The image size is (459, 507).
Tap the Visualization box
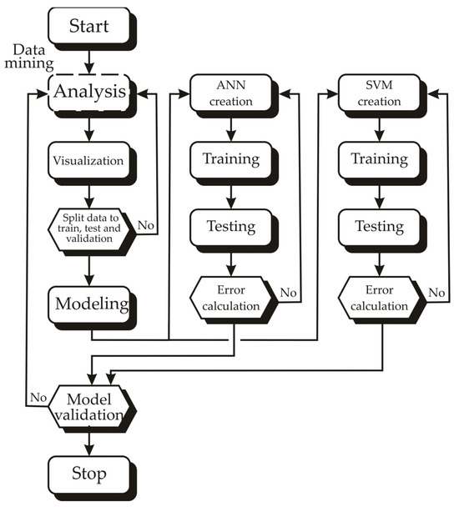click(88, 159)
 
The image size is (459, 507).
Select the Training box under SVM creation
click(378, 158)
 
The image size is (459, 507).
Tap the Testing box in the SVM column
click(378, 225)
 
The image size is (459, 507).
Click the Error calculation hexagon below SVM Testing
click(378, 298)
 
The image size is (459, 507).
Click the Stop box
click(88, 474)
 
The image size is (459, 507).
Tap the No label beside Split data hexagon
click(144, 224)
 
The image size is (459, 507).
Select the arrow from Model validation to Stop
click(88, 441)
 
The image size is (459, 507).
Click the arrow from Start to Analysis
click(88, 60)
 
